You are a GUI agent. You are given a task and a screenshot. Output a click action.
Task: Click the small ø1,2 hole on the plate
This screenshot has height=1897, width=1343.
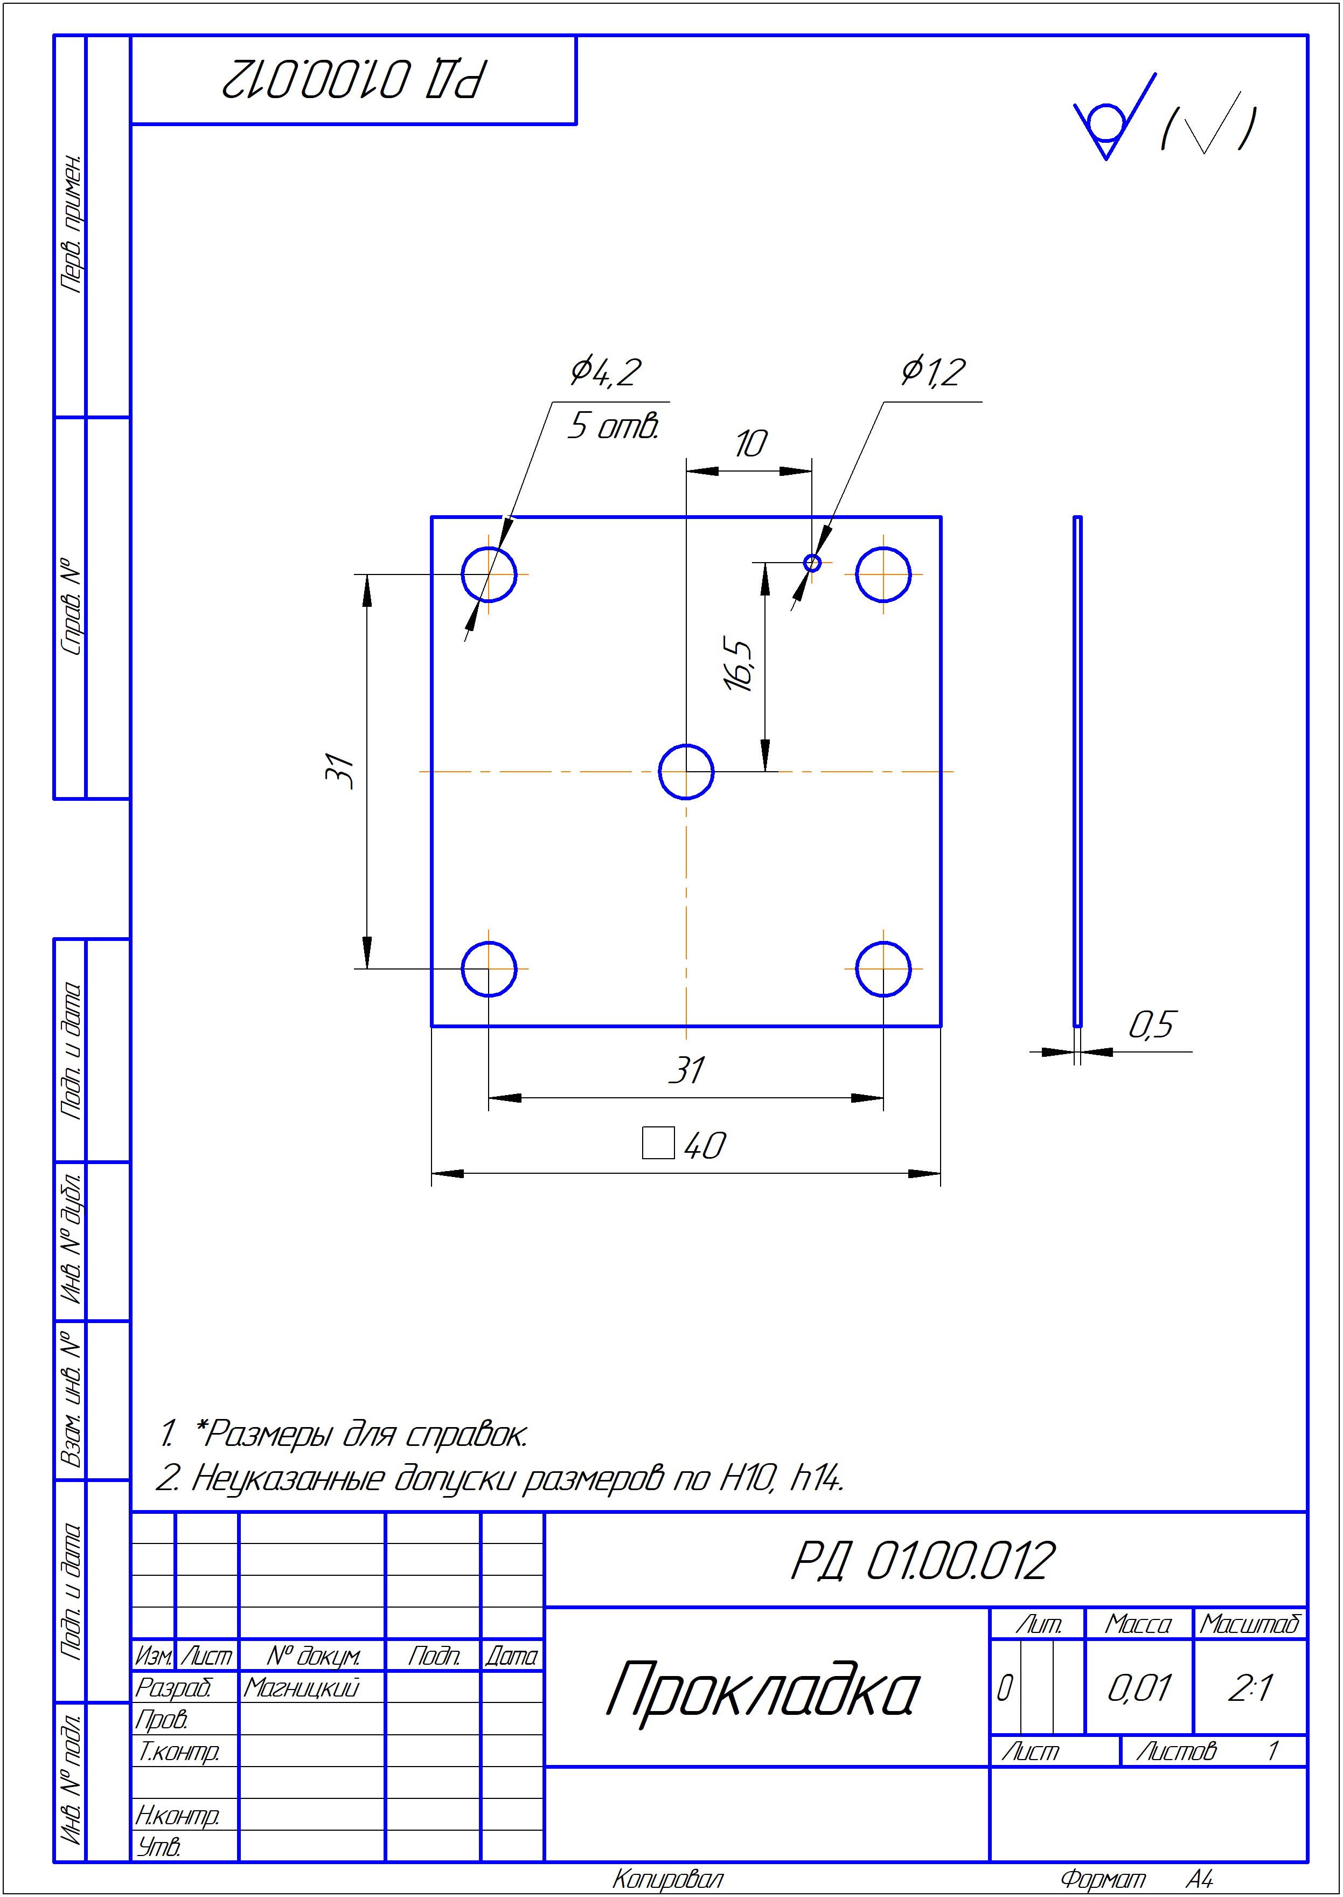(812, 563)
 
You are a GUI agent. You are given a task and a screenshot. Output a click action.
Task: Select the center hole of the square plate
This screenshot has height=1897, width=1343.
(686, 771)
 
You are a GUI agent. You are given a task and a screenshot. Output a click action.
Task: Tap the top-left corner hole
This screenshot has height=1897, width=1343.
(489, 574)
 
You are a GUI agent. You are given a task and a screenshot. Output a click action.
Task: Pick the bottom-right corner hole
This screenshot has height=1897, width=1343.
(883, 969)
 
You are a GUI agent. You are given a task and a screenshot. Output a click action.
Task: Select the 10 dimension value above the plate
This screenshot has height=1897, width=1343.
(750, 444)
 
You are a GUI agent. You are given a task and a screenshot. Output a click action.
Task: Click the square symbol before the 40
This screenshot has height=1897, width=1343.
(658, 1144)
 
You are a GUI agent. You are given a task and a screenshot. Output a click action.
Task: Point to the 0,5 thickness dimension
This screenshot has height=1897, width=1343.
(1152, 1026)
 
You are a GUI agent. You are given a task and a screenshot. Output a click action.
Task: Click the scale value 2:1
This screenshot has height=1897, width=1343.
(1250, 1688)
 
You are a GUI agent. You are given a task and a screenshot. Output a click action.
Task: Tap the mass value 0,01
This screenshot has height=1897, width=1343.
(1139, 1688)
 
